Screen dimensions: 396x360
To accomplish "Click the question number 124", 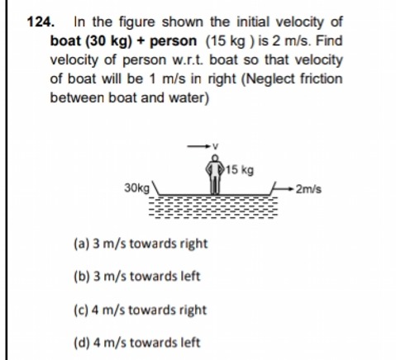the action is [x=41, y=21].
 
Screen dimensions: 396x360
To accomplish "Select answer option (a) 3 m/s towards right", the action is [x=141, y=244].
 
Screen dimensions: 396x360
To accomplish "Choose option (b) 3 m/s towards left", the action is [x=137, y=277].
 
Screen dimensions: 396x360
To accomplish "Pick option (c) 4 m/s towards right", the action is [x=140, y=310].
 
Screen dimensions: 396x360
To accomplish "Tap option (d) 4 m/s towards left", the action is [x=137, y=343].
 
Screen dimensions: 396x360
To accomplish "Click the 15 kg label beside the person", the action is [x=240, y=170].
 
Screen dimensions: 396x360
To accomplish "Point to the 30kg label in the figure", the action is [x=137, y=188].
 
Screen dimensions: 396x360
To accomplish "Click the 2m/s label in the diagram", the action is [x=308, y=189].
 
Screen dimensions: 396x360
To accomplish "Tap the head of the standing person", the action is [x=215, y=158].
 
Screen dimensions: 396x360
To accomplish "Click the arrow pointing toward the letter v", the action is [x=198, y=146].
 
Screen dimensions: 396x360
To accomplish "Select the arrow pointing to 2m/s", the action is [x=282, y=189].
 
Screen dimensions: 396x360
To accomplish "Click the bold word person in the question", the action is [x=174, y=41].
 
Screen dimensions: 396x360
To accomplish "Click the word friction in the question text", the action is [x=321, y=78].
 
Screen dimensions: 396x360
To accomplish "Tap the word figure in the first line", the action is [x=137, y=22].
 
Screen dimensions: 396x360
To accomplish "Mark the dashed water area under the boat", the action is [x=213, y=207].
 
